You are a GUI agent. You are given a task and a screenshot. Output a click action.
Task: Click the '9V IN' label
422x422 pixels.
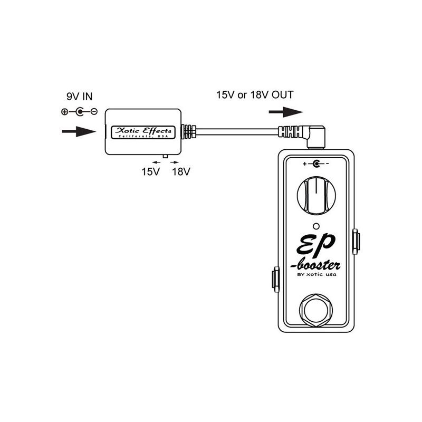click(x=79, y=97)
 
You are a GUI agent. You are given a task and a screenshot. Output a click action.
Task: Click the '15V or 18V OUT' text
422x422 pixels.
click(x=254, y=95)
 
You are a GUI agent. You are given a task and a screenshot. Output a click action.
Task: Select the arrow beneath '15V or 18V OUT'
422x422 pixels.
click(x=285, y=112)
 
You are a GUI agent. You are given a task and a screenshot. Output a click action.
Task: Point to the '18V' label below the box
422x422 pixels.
click(x=180, y=171)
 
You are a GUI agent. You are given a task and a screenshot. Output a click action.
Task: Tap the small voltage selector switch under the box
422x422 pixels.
click(x=166, y=157)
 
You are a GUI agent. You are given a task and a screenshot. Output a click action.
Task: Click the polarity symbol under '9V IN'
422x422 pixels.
click(x=79, y=112)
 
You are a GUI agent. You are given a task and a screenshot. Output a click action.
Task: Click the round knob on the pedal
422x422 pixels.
click(x=315, y=195)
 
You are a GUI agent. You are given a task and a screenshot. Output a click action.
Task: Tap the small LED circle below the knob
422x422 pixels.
click(x=315, y=224)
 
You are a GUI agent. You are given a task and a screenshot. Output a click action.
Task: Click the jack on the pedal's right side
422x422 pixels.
click(x=356, y=241)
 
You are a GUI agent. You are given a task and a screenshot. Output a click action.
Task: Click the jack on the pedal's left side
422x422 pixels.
click(x=275, y=279)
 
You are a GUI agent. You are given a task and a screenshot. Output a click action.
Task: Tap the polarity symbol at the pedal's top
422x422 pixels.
click(x=316, y=164)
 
